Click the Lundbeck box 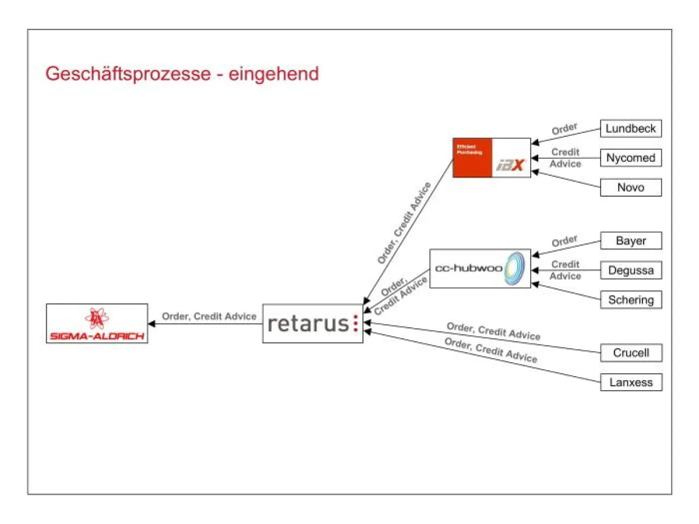point(631,129)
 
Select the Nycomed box point(631,158)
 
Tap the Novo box point(631,187)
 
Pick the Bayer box point(631,240)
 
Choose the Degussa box point(631,270)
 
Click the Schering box point(631,300)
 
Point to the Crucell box point(631,353)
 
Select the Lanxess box point(631,383)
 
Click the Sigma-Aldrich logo point(97,323)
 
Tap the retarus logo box point(312,323)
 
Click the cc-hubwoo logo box point(480,268)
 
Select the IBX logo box point(492,158)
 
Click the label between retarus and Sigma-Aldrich point(209,316)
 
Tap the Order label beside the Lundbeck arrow point(564,128)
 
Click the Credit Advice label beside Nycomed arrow point(565,158)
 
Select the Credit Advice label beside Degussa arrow point(565,270)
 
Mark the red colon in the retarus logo point(355,323)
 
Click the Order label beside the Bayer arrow point(564,240)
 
